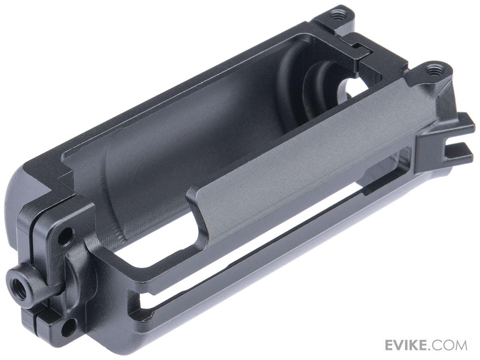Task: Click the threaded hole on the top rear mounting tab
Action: tap(335, 16)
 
